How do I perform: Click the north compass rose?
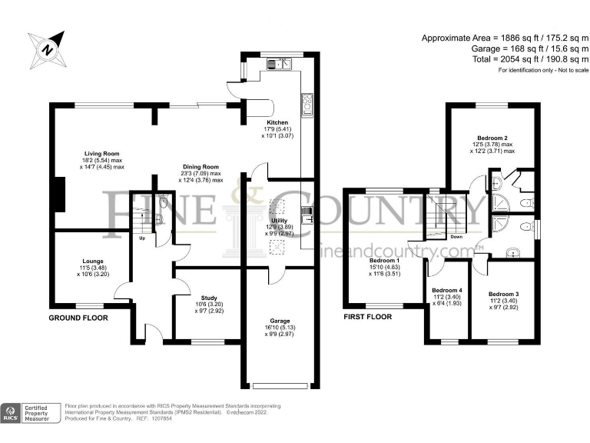pos(48,49)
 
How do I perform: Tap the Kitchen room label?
pos(277,122)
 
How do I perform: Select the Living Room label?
pos(101,154)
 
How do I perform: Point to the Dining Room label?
pos(201,167)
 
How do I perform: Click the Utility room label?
pos(279,221)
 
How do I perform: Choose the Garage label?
pos(280,321)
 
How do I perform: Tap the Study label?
pos(209,298)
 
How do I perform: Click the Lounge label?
pos(93,261)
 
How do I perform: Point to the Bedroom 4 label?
pos(447,291)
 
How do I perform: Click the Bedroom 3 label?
pos(504,295)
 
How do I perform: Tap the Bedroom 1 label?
pos(385,260)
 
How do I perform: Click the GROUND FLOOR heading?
pos(78,318)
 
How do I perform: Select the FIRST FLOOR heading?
pos(368,317)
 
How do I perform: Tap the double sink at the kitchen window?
pos(280,64)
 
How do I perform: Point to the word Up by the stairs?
pos(142,238)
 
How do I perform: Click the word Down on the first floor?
pos(456,237)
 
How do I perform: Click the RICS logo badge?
pos(11,413)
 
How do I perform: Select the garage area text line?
pos(530,48)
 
